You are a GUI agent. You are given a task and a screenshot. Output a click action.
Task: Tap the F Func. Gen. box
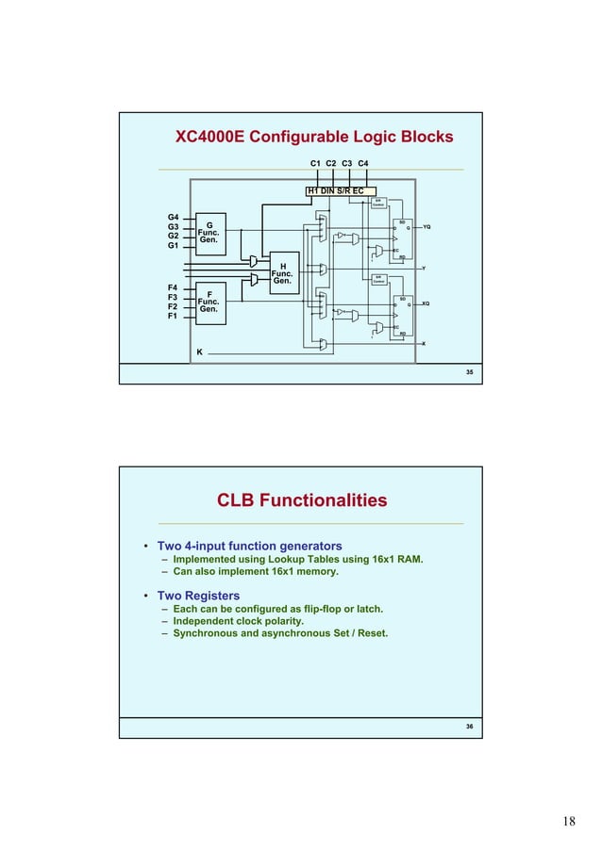(209, 302)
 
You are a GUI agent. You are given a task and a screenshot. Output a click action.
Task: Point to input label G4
(174, 217)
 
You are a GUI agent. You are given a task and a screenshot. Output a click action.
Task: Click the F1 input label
(174, 317)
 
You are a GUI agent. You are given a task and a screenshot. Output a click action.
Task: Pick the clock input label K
(199, 352)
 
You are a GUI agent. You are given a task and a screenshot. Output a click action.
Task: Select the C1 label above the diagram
(316, 164)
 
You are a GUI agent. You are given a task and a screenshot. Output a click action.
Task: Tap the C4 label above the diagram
(363, 164)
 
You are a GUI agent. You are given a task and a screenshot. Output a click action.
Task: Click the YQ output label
(426, 227)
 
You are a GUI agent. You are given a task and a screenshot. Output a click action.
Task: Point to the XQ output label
(426, 303)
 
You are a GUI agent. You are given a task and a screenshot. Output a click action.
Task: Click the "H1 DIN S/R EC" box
(335, 190)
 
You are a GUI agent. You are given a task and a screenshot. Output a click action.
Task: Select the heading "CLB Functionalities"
(302, 500)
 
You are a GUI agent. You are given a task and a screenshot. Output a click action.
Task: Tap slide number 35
(469, 374)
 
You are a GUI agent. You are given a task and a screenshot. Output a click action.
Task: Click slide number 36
(469, 728)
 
